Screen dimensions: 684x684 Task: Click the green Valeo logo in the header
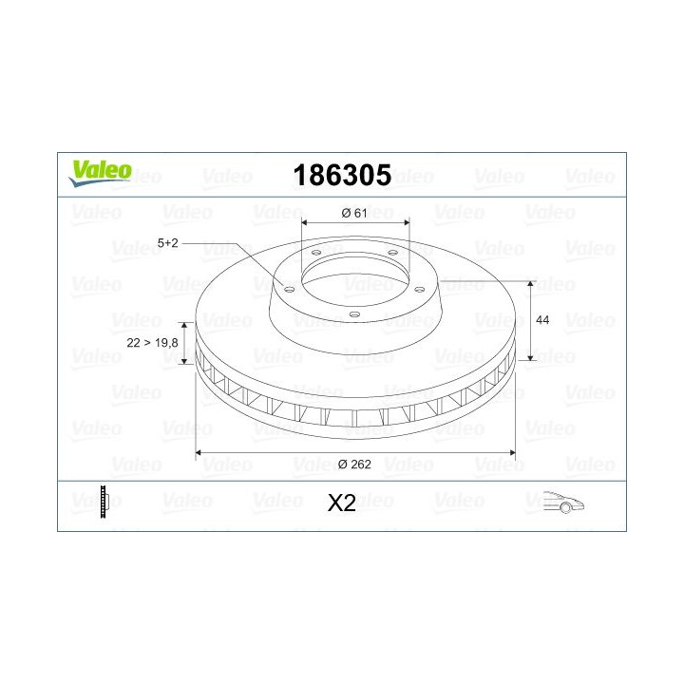click(x=98, y=170)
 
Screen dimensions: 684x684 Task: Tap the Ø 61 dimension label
click(x=353, y=213)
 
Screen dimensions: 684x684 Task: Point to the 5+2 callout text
click(x=168, y=243)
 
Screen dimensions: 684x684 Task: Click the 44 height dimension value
click(x=543, y=321)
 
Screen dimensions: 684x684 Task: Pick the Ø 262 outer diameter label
click(x=355, y=465)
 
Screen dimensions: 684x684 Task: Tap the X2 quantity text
click(x=341, y=503)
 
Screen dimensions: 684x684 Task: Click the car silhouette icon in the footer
click(x=562, y=503)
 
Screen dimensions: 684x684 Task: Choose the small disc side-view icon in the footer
click(x=104, y=502)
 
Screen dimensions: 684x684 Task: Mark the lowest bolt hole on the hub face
click(x=353, y=314)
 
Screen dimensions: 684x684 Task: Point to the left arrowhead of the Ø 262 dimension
click(x=199, y=453)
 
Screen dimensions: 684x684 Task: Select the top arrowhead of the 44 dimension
click(x=530, y=284)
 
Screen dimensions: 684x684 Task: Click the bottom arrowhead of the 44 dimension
click(x=530, y=361)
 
